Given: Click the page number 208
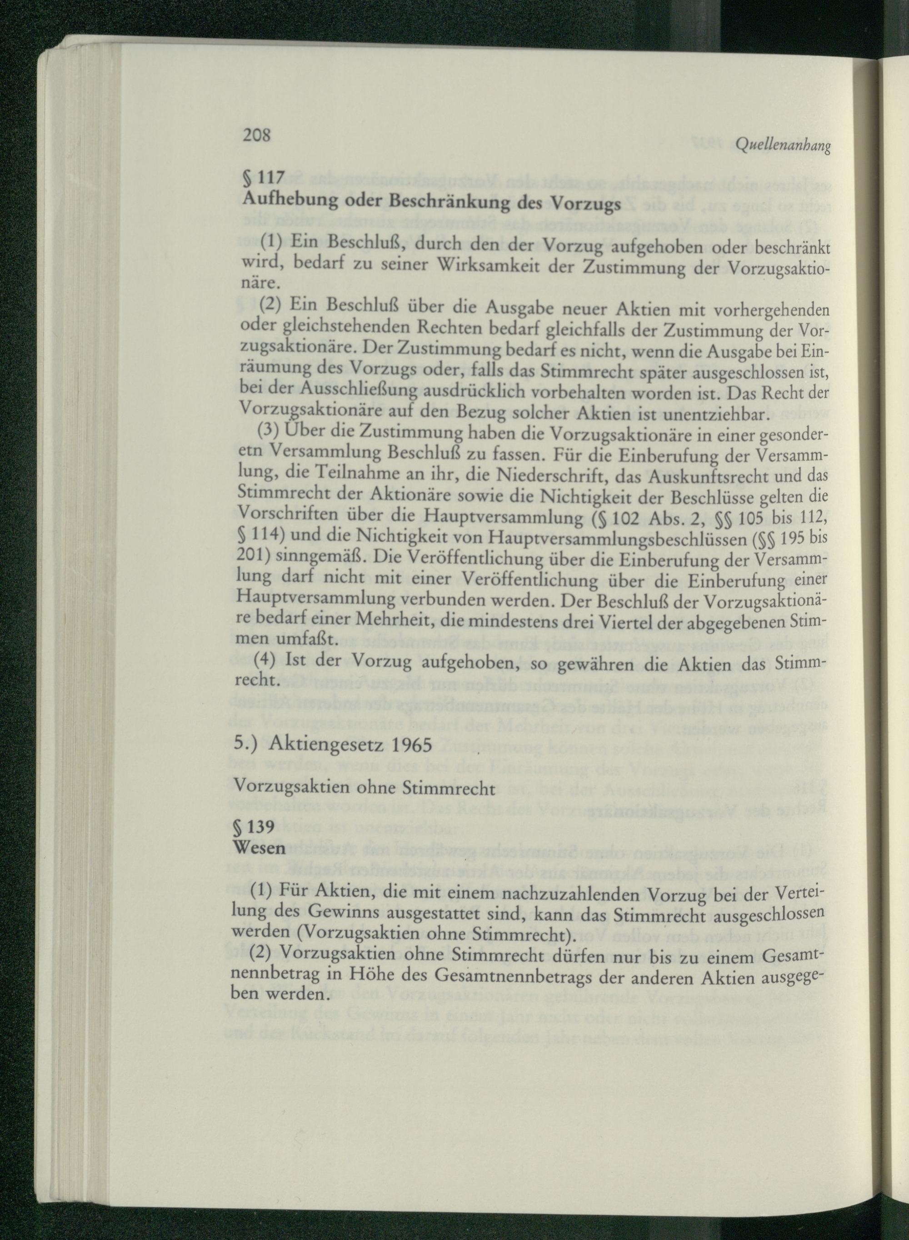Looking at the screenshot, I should [256, 136].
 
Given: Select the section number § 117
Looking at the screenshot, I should [262, 178].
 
